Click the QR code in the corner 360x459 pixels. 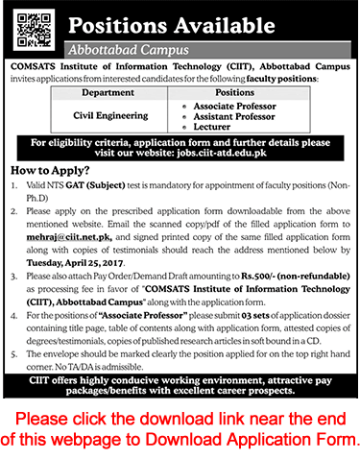point(32,25)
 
